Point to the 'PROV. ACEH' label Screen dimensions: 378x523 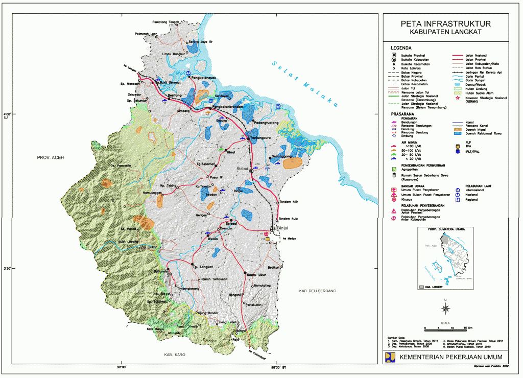point(49,158)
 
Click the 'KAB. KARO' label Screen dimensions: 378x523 point(167,354)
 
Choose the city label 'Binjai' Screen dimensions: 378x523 point(282,228)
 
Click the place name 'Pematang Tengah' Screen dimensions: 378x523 point(167,22)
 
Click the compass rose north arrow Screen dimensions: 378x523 point(445,307)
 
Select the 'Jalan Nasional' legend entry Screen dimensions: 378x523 point(477,55)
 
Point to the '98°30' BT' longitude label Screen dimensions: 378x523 point(278,367)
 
